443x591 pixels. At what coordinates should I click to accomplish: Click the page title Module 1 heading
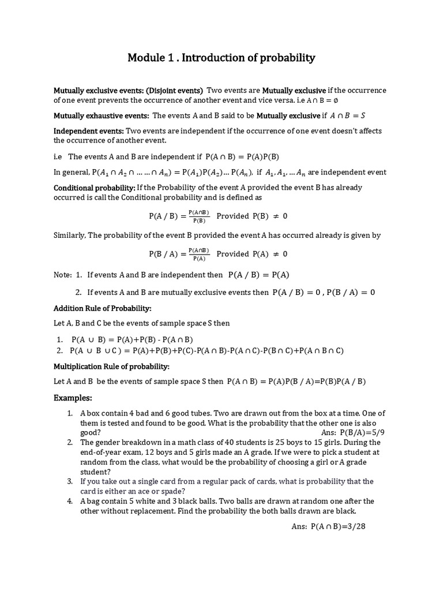pyautogui.click(x=221, y=58)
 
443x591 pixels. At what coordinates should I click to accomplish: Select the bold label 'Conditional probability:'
pyautogui.click(x=95, y=188)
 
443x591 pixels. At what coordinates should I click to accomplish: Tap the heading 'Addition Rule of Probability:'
pyautogui.click(x=102, y=308)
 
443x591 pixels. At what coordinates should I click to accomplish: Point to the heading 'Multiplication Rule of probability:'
pyautogui.click(x=111, y=366)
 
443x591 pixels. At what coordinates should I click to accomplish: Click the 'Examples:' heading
pyautogui.click(x=73, y=398)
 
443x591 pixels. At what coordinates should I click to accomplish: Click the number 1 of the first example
pyautogui.click(x=70, y=413)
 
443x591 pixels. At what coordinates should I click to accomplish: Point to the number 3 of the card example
pyautogui.click(x=70, y=481)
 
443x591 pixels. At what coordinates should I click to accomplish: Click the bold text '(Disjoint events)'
pyautogui.click(x=175, y=91)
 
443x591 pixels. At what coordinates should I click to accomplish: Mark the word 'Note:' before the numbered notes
pyautogui.click(x=63, y=275)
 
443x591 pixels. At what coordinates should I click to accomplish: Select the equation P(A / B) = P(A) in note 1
pyautogui.click(x=258, y=275)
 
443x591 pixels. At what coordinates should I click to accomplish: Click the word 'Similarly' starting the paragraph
pyautogui.click(x=69, y=235)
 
